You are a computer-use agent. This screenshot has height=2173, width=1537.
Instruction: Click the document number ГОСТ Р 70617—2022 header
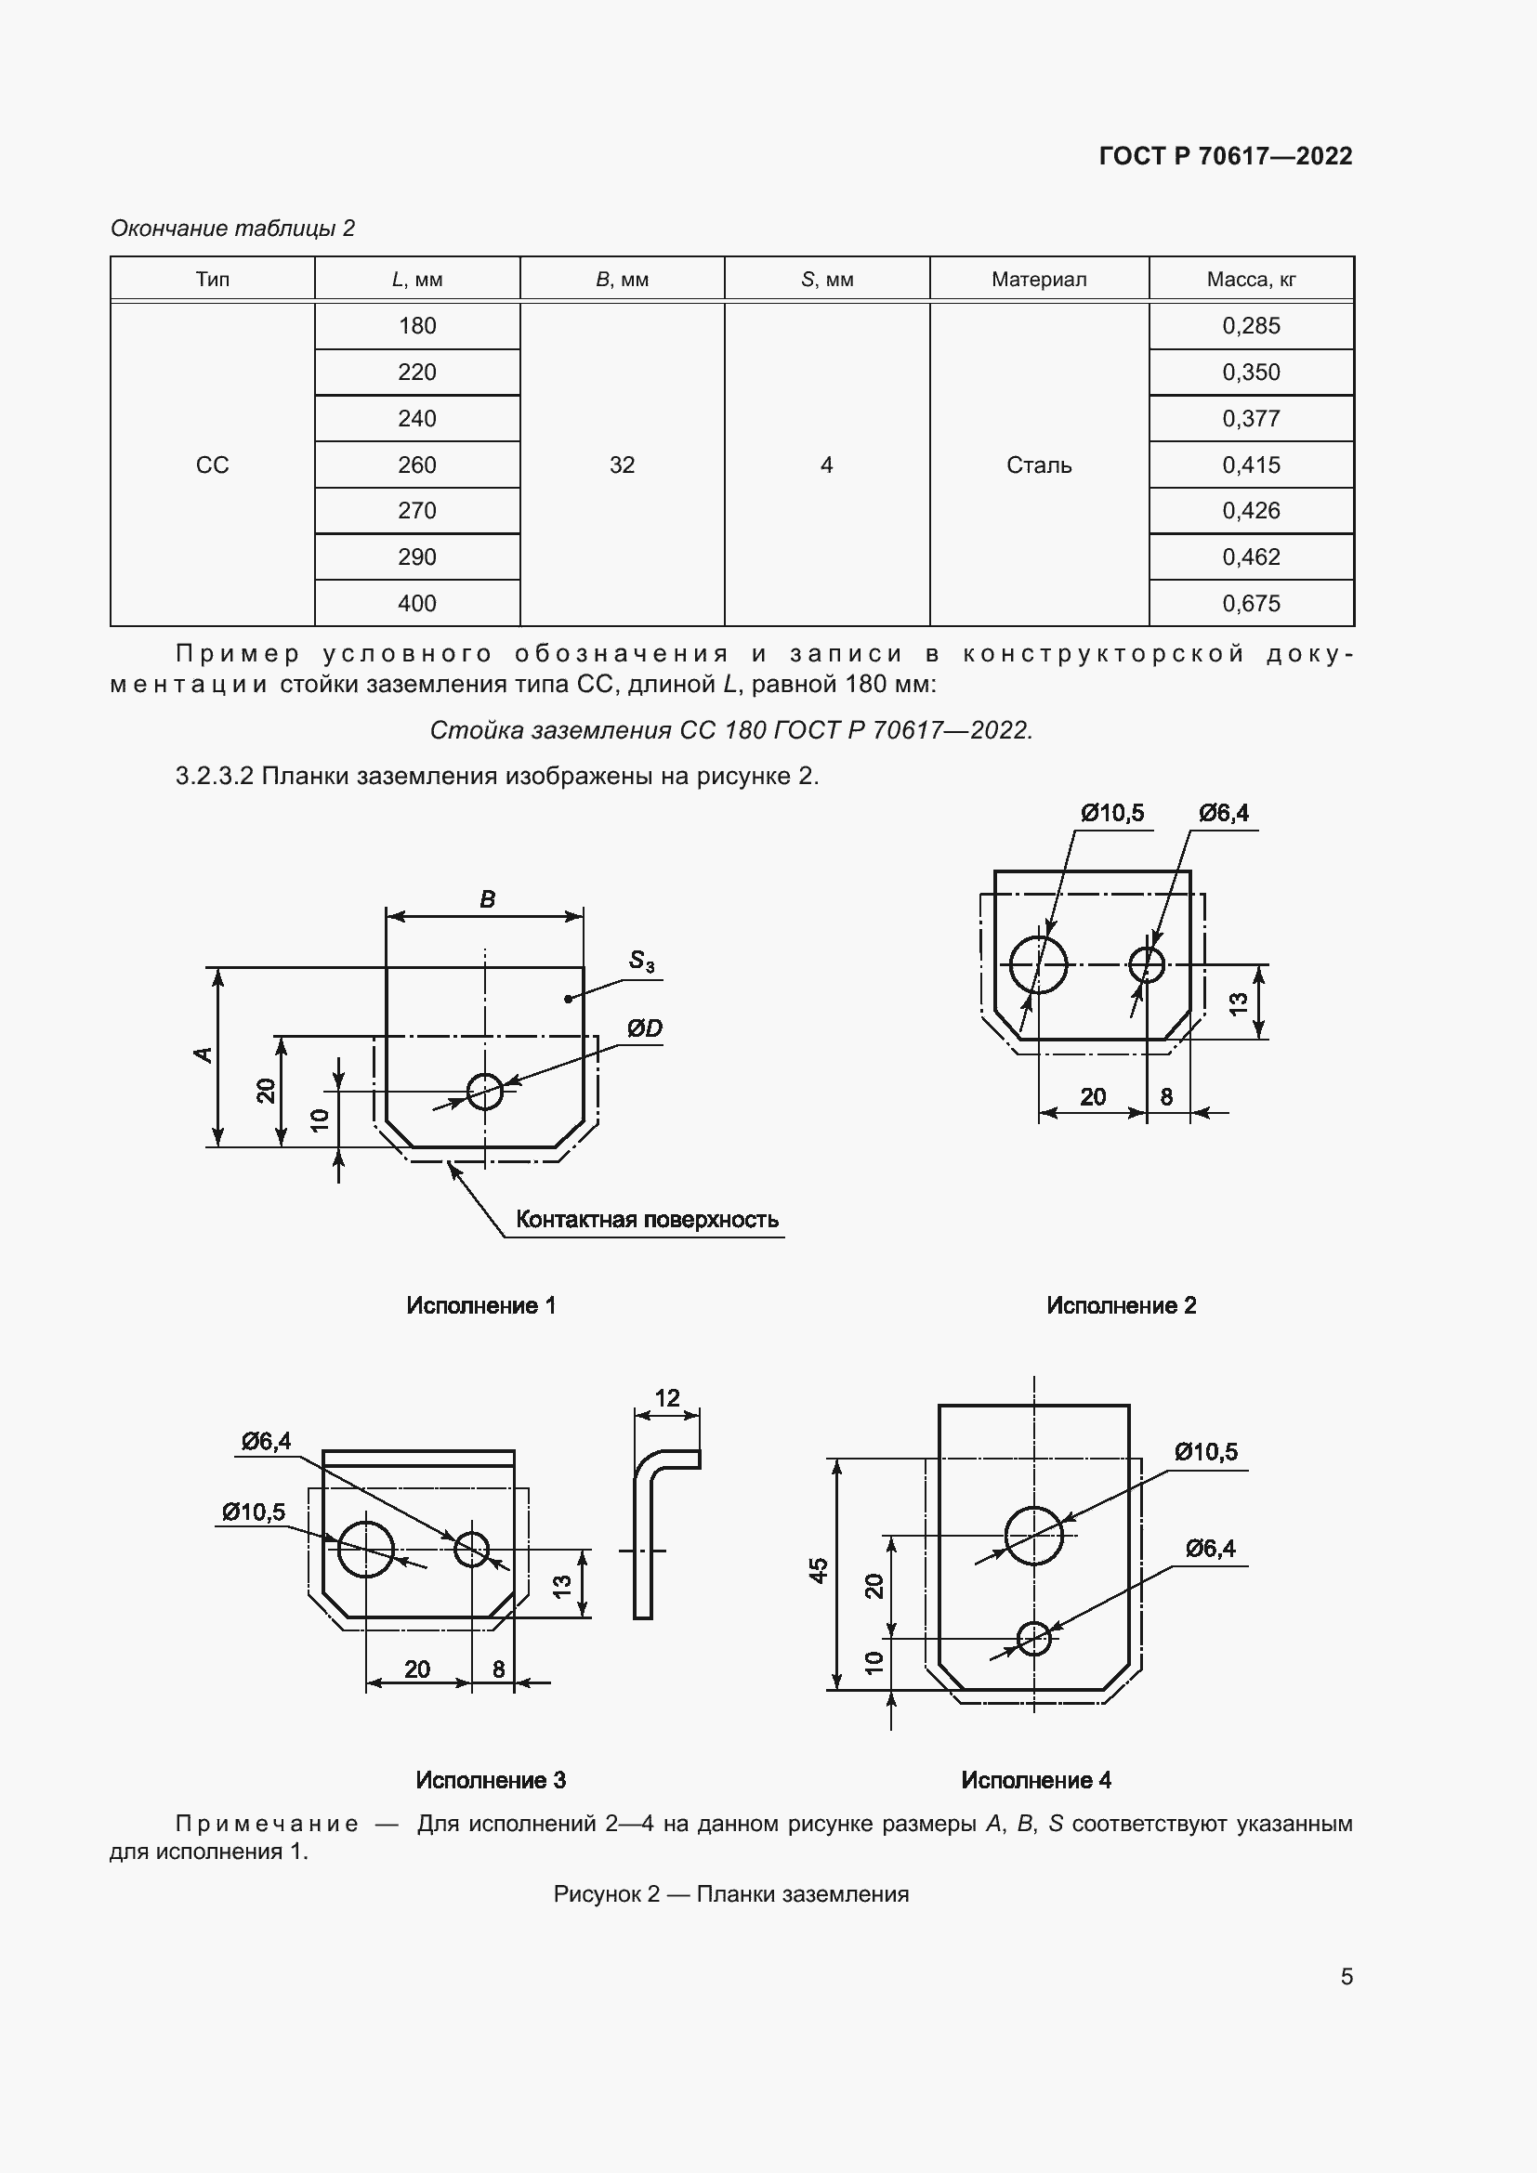click(1225, 156)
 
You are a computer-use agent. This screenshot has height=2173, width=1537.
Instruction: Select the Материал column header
click(1038, 280)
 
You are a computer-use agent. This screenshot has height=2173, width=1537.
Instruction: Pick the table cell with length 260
click(416, 465)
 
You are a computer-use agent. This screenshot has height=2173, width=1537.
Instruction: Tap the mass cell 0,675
click(1250, 603)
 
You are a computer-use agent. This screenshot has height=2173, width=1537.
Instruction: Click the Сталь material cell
click(1038, 465)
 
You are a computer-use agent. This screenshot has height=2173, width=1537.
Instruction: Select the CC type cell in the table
click(212, 465)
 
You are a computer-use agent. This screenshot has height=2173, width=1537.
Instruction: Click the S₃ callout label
click(641, 962)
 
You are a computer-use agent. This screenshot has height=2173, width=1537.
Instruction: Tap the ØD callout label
click(644, 1028)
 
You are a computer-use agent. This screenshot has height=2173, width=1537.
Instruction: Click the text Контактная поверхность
click(647, 1219)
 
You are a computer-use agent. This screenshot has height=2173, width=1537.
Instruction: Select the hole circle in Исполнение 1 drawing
click(484, 1092)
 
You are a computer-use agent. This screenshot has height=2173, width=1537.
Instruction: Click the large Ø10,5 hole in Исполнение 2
click(1038, 965)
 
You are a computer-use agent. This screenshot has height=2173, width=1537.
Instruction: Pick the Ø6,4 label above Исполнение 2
click(1223, 813)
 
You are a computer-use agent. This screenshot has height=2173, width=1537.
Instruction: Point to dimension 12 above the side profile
click(666, 1398)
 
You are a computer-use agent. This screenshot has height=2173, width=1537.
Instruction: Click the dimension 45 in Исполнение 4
click(819, 1570)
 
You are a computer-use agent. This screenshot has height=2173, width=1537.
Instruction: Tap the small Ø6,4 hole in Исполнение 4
click(1033, 1636)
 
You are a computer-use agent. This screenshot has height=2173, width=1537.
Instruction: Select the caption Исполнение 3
click(491, 1780)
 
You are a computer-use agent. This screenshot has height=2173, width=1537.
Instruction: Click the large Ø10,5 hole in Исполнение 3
click(365, 1550)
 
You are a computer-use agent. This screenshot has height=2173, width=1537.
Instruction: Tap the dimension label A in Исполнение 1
click(203, 1054)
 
